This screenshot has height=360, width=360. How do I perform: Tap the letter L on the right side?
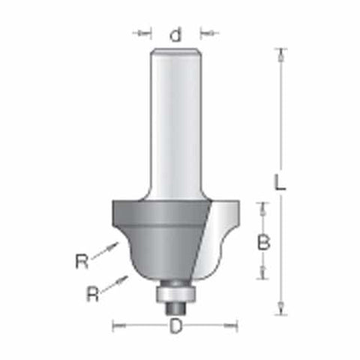click(x=279, y=182)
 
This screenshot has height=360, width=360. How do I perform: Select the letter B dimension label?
click(x=263, y=241)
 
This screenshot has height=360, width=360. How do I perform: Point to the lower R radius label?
click(x=91, y=293)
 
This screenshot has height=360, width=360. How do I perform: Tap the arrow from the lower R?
click(x=116, y=283)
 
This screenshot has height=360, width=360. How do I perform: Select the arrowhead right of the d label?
click(x=206, y=33)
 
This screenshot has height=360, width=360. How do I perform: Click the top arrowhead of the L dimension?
click(x=280, y=54)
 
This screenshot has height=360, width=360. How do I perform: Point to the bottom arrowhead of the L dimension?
click(x=280, y=308)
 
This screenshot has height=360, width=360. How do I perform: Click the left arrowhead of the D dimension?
click(x=117, y=325)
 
